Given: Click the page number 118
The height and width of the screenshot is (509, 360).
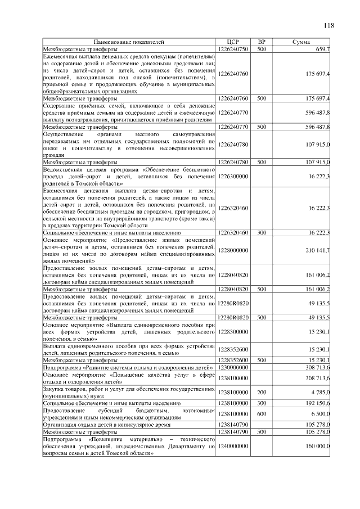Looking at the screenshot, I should (328, 25).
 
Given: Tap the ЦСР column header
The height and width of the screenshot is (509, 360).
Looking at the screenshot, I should (232, 42).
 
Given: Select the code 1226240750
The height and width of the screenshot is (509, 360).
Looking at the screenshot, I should (233, 49).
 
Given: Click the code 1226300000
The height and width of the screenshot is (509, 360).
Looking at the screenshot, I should (233, 176).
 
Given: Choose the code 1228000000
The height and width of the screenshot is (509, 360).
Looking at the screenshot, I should (233, 250).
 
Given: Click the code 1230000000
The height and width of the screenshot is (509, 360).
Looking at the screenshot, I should (233, 367).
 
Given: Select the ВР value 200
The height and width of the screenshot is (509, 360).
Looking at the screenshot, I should (262, 392).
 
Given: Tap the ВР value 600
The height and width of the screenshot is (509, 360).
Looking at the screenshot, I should (262, 414).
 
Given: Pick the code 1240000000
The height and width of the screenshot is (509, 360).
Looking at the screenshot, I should (233, 445).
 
